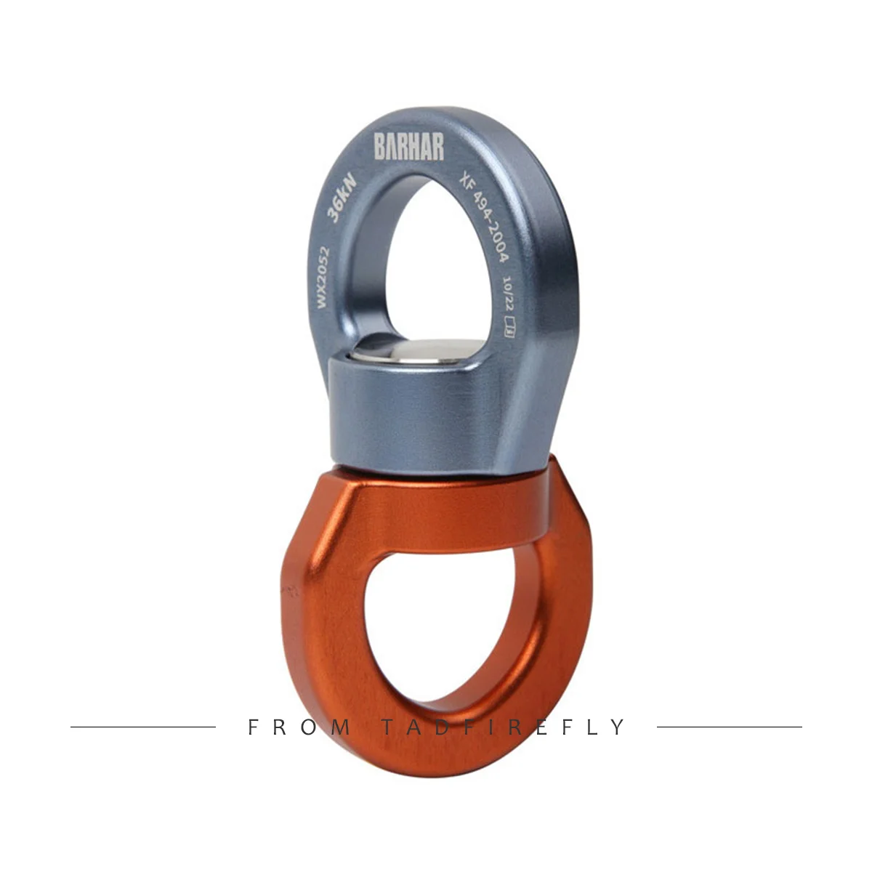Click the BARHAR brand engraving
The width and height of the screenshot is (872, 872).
point(409,148)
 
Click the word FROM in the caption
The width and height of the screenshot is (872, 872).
point(299,727)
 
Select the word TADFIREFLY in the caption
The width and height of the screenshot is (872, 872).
point(503,727)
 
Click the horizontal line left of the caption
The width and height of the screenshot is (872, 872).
point(143,727)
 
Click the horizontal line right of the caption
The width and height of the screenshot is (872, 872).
point(729,727)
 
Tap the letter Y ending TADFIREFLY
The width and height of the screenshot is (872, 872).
point(618,727)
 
